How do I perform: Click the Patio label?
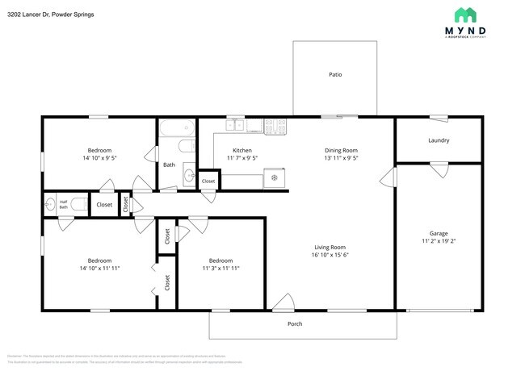[334, 74]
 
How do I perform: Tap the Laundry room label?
[439, 140]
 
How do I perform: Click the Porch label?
[296, 324]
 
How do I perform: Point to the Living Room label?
[330, 247]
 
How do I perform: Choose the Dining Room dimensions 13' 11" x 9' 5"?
[341, 159]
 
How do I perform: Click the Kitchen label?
[242, 150]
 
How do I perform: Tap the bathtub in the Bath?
[177, 127]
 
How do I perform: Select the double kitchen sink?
[236, 125]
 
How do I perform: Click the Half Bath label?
[63, 204]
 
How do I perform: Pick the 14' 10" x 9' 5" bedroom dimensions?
[99, 159]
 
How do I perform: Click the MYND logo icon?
[464, 15]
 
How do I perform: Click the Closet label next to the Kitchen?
[208, 181]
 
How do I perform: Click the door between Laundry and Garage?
[439, 169]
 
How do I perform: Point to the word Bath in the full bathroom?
[169, 165]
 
